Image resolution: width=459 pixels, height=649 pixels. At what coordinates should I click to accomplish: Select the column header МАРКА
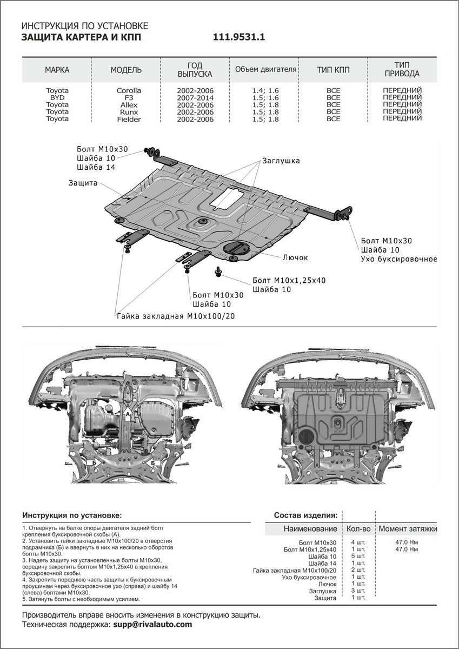57,70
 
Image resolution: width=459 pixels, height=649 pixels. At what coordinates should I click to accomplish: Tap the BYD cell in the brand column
57,97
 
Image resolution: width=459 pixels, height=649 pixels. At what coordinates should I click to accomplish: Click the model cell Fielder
129,118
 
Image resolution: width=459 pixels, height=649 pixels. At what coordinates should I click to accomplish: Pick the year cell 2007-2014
195,97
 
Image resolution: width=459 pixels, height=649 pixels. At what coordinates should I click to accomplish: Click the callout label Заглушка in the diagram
281,161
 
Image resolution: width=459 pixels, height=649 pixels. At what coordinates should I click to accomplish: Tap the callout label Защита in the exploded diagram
83,183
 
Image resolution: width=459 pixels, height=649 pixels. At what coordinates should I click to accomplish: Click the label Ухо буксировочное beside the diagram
398,259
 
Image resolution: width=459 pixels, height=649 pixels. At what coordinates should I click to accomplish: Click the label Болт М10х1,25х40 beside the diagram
289,280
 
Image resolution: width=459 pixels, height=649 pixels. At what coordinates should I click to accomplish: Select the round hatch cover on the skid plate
238,247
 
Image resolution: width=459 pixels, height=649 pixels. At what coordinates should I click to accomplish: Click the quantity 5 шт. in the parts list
358,556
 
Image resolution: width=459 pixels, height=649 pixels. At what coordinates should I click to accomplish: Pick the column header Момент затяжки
407,528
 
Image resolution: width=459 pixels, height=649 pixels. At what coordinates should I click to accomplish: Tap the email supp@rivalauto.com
152,624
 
